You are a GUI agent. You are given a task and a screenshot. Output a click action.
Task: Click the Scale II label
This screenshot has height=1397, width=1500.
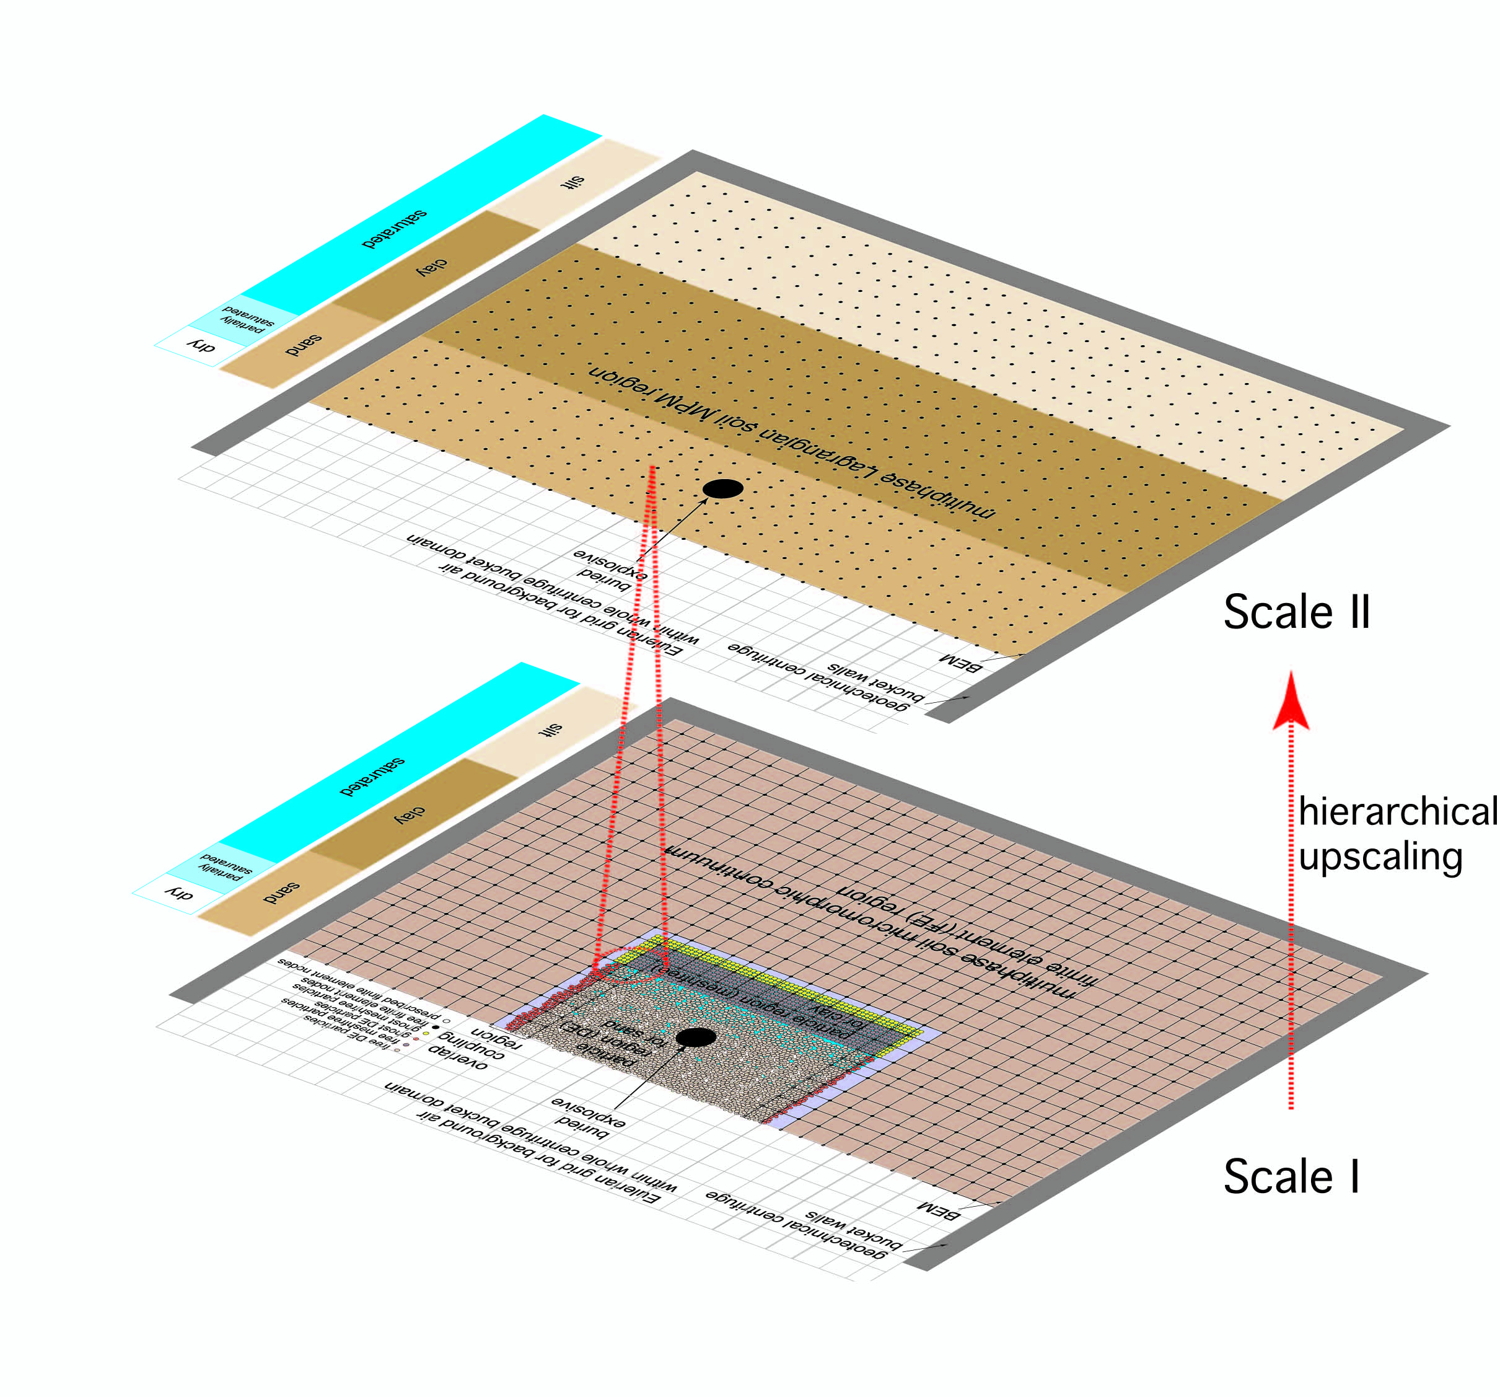(1296, 612)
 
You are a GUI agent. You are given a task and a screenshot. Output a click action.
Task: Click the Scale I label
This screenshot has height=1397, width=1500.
(1291, 1176)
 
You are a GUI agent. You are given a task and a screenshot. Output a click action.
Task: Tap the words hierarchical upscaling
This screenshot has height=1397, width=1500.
(1396, 834)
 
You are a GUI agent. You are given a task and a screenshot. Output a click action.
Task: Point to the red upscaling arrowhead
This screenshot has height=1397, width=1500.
(1291, 702)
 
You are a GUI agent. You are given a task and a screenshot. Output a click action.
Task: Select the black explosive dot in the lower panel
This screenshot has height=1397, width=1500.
(695, 1037)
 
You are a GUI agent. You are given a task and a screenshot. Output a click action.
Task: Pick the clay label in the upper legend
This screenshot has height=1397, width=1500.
(432, 267)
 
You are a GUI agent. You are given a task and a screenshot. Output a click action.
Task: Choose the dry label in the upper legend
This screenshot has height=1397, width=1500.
(201, 347)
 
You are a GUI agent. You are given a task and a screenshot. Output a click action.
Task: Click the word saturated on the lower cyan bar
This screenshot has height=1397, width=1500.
(372, 777)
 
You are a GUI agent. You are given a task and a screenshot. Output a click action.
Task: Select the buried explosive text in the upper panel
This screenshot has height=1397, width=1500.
(609, 570)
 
